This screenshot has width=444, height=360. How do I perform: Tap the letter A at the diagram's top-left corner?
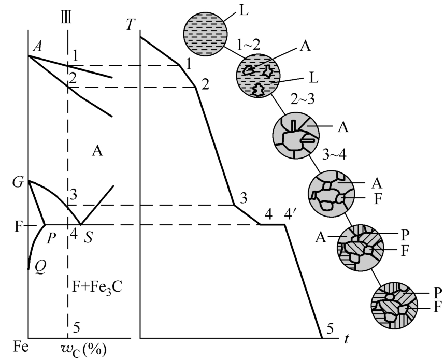click(x=36, y=46)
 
